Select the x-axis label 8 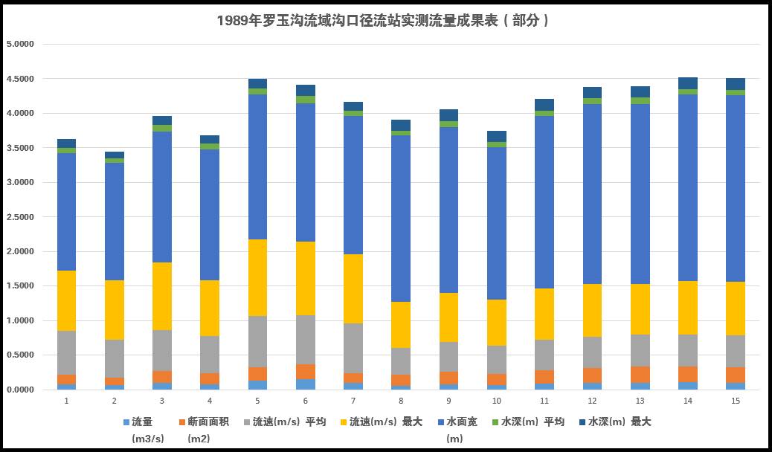400,401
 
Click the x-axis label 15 735,401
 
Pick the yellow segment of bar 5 257,277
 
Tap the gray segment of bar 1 67,352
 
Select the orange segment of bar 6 305,372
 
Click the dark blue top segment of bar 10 496,136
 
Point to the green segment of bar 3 162,129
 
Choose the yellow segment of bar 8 401,325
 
